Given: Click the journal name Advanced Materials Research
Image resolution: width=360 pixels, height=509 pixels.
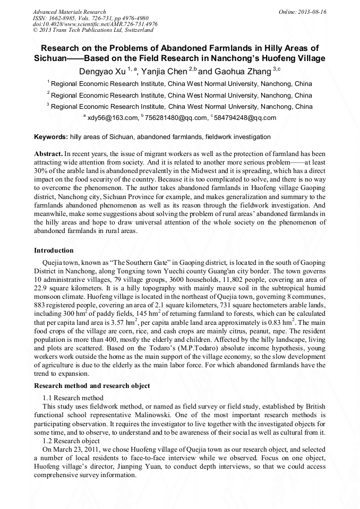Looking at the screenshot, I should [70, 12].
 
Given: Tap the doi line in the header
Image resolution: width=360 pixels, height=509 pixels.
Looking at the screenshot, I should [95, 24].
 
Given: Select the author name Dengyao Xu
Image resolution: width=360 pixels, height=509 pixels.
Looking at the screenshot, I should [103, 71].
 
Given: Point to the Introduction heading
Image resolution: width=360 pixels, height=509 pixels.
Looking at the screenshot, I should [54, 251].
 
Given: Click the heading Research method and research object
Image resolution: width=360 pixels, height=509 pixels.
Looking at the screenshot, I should [92, 385].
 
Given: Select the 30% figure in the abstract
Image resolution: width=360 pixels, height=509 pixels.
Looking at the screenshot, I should [41, 170].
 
